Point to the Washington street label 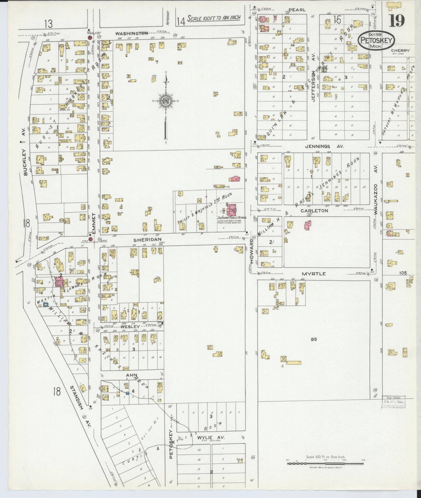(x=131, y=33)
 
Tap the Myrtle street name (x=313, y=273)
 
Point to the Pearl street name (x=297, y=10)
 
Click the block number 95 (x=313, y=339)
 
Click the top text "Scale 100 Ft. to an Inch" (x=214, y=18)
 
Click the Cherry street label (x=400, y=50)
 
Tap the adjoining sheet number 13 (x=48, y=24)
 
